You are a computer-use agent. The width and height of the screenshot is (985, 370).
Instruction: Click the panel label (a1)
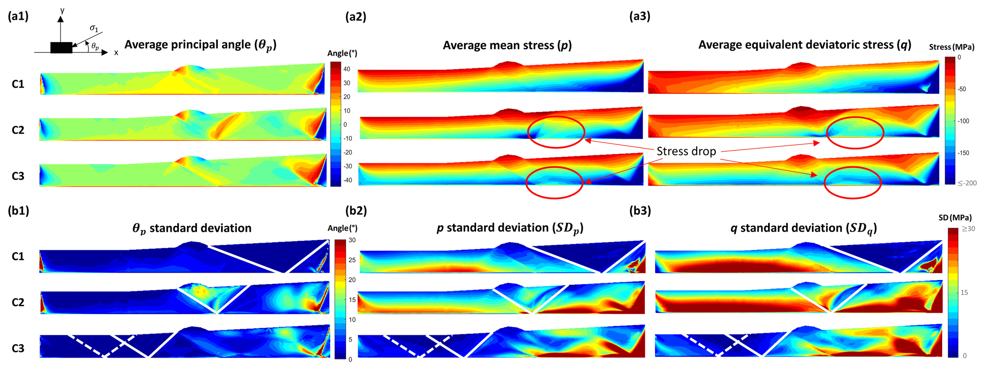18,17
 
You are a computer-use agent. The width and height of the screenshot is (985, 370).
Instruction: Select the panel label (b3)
640,211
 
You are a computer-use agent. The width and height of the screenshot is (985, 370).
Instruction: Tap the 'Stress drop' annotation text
686,152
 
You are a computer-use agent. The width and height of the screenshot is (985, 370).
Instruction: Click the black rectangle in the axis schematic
61,48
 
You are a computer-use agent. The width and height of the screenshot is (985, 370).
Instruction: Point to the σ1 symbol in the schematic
94,29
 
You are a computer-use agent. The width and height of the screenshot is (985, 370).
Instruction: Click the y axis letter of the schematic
62,10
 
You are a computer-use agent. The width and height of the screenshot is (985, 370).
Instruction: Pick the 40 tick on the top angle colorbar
346,69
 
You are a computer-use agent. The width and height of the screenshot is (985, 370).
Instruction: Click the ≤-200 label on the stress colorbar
967,183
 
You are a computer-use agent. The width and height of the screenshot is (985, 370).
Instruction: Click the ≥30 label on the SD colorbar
968,229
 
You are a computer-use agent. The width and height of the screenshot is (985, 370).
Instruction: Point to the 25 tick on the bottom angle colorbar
352,260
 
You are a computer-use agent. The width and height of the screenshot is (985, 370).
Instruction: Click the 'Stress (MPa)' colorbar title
951,47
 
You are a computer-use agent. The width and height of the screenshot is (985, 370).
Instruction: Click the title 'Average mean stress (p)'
507,45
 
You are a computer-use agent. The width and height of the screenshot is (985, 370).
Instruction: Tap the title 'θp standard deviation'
192,228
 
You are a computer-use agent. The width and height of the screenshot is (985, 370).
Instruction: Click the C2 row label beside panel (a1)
18,130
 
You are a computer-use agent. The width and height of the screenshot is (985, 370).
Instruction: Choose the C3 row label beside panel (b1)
18,349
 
